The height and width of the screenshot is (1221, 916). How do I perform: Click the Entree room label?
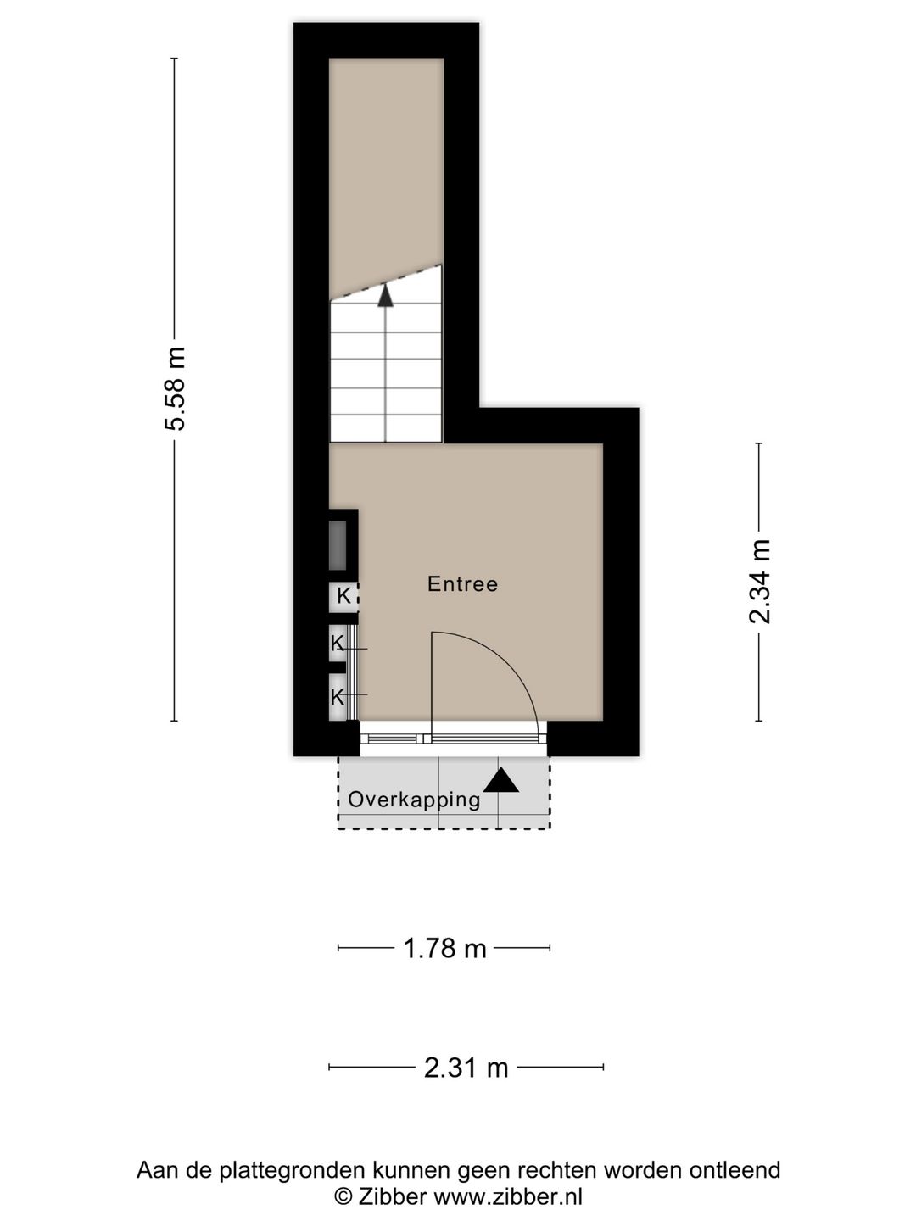(x=462, y=584)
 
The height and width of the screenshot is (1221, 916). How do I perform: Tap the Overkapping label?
(x=414, y=800)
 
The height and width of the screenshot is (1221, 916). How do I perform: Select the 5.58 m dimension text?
(x=175, y=389)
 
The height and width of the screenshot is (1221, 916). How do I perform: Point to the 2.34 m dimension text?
(x=759, y=582)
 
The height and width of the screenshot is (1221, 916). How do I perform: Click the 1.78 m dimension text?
(x=444, y=948)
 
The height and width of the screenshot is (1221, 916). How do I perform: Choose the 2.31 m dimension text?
(x=466, y=1068)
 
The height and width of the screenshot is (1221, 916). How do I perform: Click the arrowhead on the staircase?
(x=386, y=295)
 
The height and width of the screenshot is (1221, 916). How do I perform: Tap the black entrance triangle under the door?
(x=500, y=780)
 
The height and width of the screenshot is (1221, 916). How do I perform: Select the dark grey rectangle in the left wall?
(x=338, y=545)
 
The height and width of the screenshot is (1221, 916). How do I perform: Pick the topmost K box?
(x=343, y=596)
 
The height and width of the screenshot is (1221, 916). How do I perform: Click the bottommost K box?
(x=338, y=698)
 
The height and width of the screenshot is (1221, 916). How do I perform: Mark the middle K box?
(x=338, y=644)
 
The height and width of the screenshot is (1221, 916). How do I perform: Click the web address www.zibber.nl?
(x=508, y=1196)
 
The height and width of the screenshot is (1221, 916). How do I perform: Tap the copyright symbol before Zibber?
(x=343, y=1196)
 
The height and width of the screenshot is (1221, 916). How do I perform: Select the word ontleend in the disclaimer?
(x=734, y=1171)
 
